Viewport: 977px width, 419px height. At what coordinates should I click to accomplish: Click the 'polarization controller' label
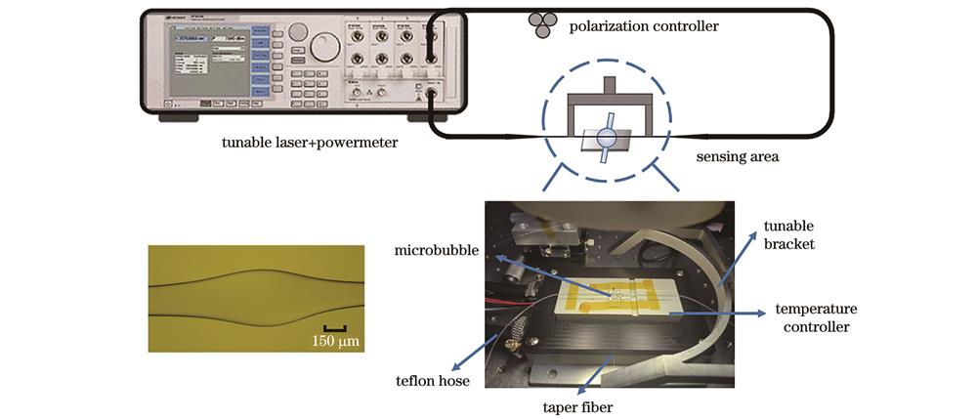[x=645, y=25]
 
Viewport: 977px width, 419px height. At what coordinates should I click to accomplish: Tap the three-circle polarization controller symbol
[x=539, y=23]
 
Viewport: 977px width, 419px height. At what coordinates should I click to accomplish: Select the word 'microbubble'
[x=431, y=252]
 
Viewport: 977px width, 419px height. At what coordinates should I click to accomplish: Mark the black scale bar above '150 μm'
[x=330, y=325]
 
